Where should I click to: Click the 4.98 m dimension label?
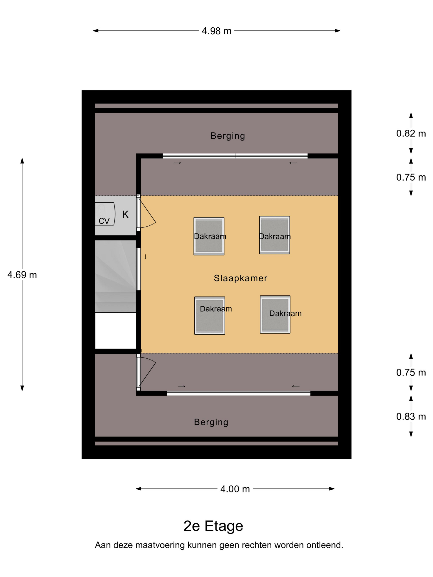tap(216, 31)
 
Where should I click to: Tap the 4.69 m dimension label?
tap(22, 275)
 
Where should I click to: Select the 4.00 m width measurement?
tap(235, 489)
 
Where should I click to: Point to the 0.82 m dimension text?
tap(411, 133)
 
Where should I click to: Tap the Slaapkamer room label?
tap(240, 278)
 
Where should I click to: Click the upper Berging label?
tap(228, 136)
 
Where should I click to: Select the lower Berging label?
tap(211, 422)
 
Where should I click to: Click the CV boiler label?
tap(104, 221)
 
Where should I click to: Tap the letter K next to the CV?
tap(125, 215)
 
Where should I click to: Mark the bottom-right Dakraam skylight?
tap(275, 314)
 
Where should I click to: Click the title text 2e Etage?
tap(213, 526)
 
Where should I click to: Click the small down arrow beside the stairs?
tap(145, 256)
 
